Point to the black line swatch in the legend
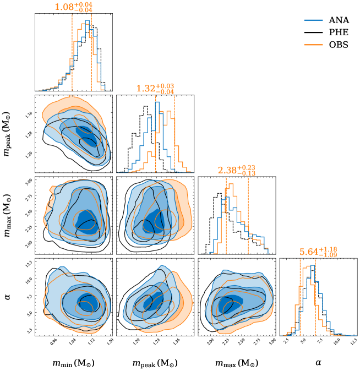(x=314, y=32)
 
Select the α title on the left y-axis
(x=8, y=297)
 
